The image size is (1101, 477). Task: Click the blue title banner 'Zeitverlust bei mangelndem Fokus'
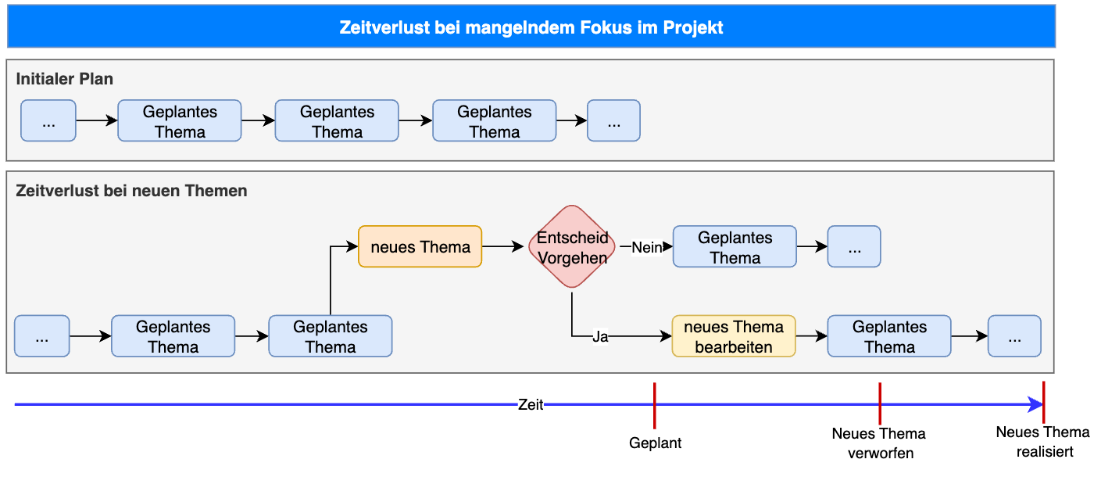pyautogui.click(x=531, y=28)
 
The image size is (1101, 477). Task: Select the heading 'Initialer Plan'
pyautogui.click(x=65, y=79)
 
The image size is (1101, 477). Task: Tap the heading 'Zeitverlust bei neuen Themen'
pyautogui.click(x=131, y=191)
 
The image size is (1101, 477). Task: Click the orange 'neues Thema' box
pyautogui.click(x=420, y=247)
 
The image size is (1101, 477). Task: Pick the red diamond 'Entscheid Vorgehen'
pyautogui.click(x=572, y=247)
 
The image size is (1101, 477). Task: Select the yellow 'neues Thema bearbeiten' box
pyautogui.click(x=734, y=336)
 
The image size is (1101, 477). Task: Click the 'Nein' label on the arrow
pyautogui.click(x=645, y=247)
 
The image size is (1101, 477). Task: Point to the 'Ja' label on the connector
pyautogui.click(x=600, y=337)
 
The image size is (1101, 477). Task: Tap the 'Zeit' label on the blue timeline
pyautogui.click(x=531, y=405)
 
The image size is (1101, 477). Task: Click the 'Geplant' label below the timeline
pyautogui.click(x=656, y=443)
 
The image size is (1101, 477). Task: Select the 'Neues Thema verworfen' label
pyautogui.click(x=879, y=443)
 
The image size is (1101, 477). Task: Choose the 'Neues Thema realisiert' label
pyautogui.click(x=1043, y=442)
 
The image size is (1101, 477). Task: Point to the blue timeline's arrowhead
pyautogui.click(x=1035, y=405)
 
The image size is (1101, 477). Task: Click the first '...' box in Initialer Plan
pyautogui.click(x=48, y=120)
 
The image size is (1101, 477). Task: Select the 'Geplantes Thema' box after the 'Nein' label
pyautogui.click(x=735, y=247)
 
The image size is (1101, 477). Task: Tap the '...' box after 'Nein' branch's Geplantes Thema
pyautogui.click(x=854, y=247)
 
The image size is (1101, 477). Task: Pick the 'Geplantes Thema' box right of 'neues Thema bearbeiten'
pyautogui.click(x=889, y=336)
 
